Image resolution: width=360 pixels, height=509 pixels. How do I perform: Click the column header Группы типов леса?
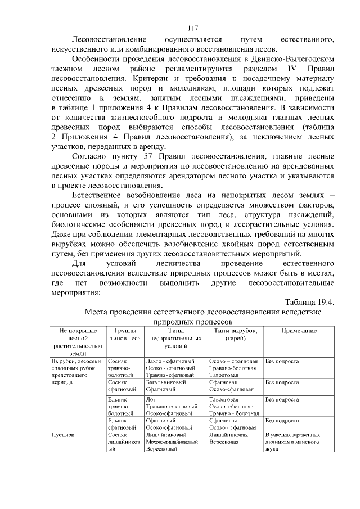coord(125,335)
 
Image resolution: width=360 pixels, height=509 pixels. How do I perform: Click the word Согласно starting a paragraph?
coord(89,156)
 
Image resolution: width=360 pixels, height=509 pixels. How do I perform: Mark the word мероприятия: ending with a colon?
coord(75,292)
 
